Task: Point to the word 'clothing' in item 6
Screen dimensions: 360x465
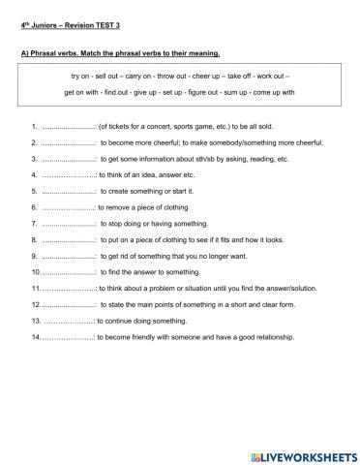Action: tap(183, 206)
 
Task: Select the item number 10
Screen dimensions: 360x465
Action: tap(37, 271)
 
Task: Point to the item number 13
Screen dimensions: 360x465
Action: tap(37, 320)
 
